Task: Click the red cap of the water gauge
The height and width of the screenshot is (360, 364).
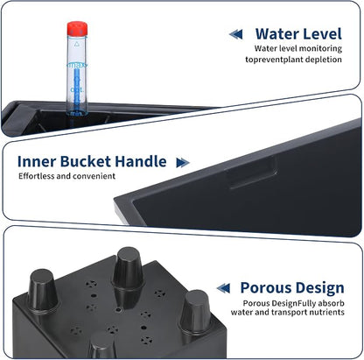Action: tap(77, 29)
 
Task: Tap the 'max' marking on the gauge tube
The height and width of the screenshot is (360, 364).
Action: tap(77, 65)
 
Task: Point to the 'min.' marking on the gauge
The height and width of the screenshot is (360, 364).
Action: tap(77, 113)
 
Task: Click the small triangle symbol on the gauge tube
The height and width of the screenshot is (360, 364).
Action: tap(77, 45)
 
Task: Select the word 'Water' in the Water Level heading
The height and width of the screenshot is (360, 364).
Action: tap(274, 34)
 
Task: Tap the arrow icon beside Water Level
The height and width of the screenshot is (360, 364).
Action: tap(236, 34)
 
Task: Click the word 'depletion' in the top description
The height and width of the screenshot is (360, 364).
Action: tap(323, 60)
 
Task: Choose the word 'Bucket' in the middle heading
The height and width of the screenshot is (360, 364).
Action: tap(86, 161)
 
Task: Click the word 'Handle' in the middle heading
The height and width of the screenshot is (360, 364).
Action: tap(141, 161)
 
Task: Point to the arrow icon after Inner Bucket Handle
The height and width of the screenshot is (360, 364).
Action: tap(183, 163)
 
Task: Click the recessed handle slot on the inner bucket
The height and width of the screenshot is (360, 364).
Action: tap(253, 173)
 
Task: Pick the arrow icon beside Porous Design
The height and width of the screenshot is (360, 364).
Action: tap(223, 288)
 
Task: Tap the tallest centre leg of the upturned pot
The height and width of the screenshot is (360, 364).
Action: tap(128, 269)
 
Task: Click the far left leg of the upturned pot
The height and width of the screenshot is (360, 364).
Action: tap(43, 290)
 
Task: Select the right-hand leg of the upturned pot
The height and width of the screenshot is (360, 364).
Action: tap(195, 311)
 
